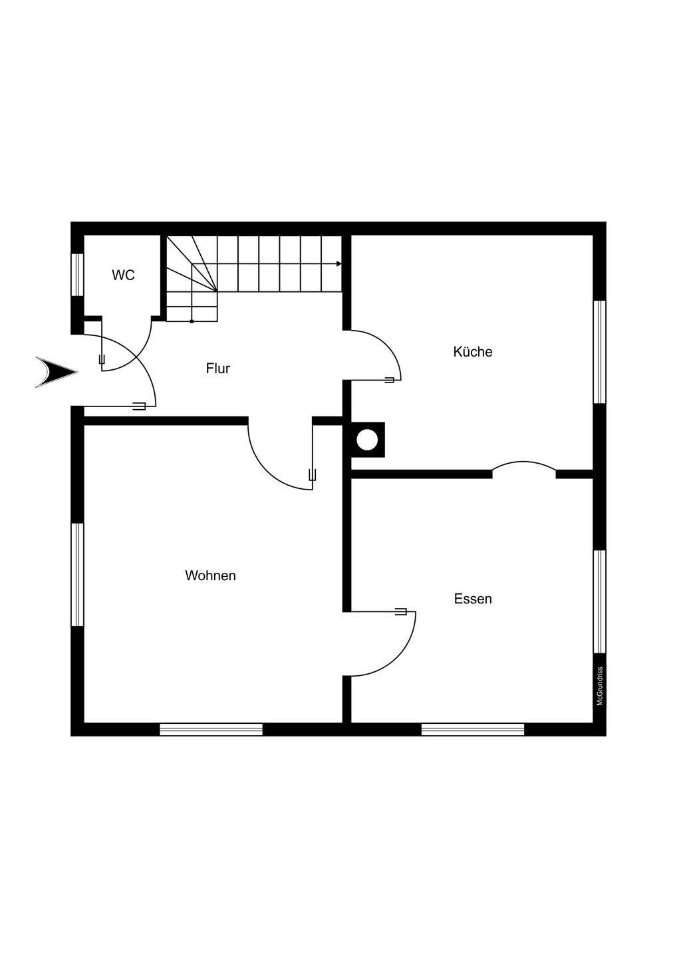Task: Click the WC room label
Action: pyautogui.click(x=123, y=275)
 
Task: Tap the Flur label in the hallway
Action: pyautogui.click(x=217, y=368)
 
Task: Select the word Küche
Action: pyautogui.click(x=473, y=351)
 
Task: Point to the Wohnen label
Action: pyautogui.click(x=210, y=575)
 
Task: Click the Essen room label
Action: pyautogui.click(x=473, y=599)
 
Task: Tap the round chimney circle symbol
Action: pyautogui.click(x=367, y=440)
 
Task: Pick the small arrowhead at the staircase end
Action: pyautogui.click(x=338, y=264)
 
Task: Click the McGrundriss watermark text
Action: pyautogui.click(x=600, y=686)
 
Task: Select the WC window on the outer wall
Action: pyautogui.click(x=77, y=274)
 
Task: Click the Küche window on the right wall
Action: pyautogui.click(x=599, y=351)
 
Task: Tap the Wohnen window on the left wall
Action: pyautogui.click(x=77, y=574)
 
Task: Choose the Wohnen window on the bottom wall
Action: pyautogui.click(x=211, y=730)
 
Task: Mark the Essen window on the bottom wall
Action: pyautogui.click(x=473, y=730)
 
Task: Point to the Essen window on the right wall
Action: pyautogui.click(x=599, y=601)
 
